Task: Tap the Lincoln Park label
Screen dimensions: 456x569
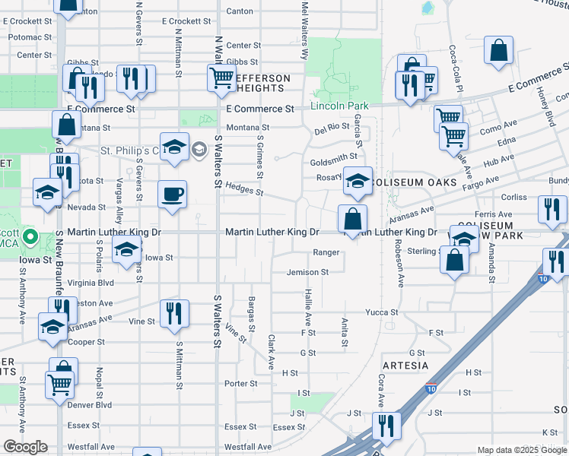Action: (339, 105)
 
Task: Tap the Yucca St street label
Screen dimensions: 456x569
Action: (382, 312)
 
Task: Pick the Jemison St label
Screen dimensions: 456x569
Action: (307, 272)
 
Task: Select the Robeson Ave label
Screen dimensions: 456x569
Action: (398, 263)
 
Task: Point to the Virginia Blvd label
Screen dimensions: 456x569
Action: (91, 282)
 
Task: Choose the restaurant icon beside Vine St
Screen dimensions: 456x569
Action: (174, 312)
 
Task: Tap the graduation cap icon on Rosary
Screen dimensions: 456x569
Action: (358, 180)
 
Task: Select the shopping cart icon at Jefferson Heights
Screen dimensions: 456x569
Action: (221, 77)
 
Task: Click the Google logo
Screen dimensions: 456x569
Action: (25, 447)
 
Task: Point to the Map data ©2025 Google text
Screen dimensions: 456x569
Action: (522, 450)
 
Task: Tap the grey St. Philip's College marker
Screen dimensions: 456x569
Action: (199, 148)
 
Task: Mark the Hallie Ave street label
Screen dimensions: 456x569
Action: (309, 307)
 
